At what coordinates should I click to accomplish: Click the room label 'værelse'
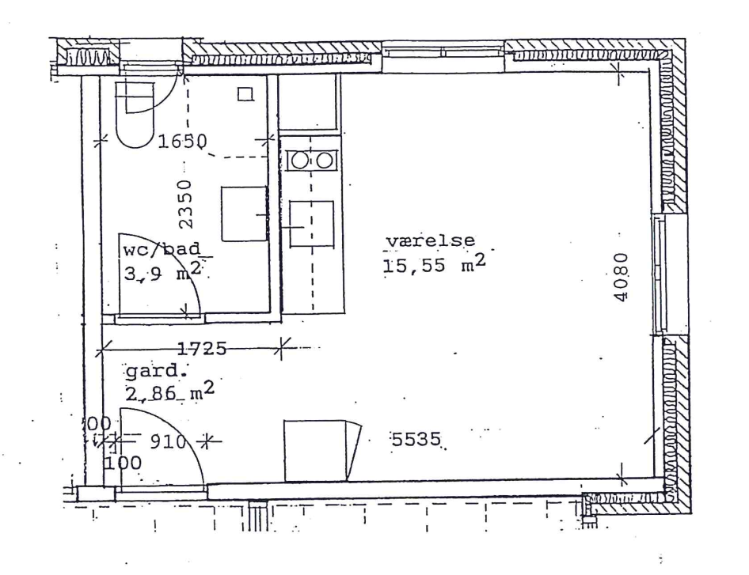pyautogui.click(x=431, y=241)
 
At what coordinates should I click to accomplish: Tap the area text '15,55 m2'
pyautogui.click(x=434, y=263)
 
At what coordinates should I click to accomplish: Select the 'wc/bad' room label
pyautogui.click(x=162, y=250)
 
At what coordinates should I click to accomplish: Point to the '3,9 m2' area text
pyautogui.click(x=162, y=272)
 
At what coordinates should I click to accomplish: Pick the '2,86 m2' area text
pyautogui.click(x=169, y=392)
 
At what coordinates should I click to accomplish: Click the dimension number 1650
pyautogui.click(x=182, y=142)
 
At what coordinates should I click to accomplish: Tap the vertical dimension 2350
pyautogui.click(x=184, y=204)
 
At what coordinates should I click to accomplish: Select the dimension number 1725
pyautogui.click(x=202, y=349)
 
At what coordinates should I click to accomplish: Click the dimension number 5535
pyautogui.click(x=416, y=438)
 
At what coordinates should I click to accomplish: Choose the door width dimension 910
pyautogui.click(x=168, y=442)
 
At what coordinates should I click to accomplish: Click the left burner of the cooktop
pyautogui.click(x=299, y=161)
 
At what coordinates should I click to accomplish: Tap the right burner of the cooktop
pyautogui.click(x=325, y=161)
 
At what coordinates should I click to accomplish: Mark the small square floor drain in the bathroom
pyautogui.click(x=245, y=93)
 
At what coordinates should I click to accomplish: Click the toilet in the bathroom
pyautogui.click(x=135, y=114)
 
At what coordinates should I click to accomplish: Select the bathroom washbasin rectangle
pyautogui.click(x=244, y=214)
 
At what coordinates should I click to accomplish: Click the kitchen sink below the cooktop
pyautogui.click(x=311, y=223)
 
